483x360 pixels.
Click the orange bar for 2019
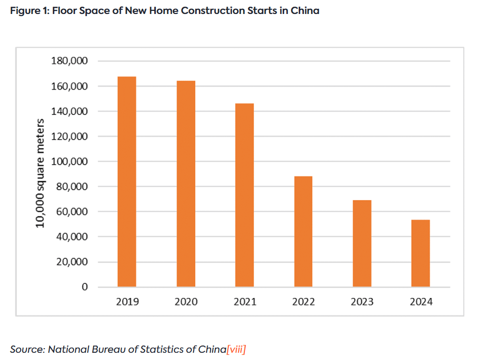click(127, 182)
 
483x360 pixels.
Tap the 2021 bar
click(244, 195)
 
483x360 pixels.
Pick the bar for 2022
click(303, 231)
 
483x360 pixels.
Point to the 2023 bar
click(362, 243)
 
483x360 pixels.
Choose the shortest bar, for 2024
click(420, 253)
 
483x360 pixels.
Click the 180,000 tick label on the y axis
click(70, 61)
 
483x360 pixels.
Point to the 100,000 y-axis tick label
click(70, 161)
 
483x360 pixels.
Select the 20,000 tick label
click(72, 262)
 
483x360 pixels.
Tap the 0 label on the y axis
click(85, 287)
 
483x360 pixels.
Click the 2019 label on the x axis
click(127, 302)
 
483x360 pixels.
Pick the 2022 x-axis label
click(303, 302)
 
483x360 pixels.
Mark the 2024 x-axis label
click(420, 302)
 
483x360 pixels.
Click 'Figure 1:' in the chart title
click(29, 11)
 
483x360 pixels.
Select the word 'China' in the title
click(305, 11)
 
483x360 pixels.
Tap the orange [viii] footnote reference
click(236, 349)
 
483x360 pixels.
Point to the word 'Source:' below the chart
click(27, 349)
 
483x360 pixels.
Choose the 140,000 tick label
click(70, 111)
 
